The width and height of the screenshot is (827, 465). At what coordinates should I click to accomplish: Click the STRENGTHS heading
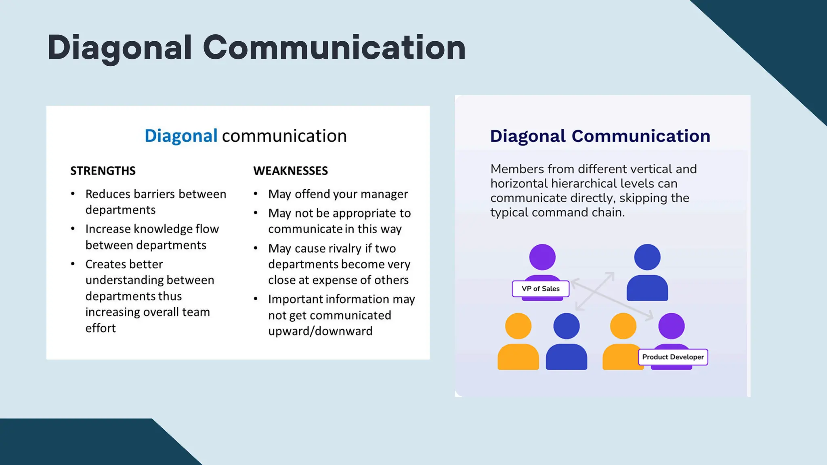[103, 171]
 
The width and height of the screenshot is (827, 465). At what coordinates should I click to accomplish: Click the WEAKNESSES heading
[290, 171]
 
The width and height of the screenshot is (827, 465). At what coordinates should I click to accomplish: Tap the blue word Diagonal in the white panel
[181, 136]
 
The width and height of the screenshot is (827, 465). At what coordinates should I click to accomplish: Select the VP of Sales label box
[540, 289]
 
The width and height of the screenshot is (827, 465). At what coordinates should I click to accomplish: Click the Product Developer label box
[673, 357]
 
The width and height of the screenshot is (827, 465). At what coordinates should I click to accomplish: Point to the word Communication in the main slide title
[334, 48]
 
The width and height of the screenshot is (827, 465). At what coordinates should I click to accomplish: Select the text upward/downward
[320, 331]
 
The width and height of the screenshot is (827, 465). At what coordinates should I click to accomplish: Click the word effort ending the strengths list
[101, 328]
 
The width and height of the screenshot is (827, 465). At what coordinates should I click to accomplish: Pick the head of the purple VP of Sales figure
[542, 257]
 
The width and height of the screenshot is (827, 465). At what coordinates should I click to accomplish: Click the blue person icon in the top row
[647, 272]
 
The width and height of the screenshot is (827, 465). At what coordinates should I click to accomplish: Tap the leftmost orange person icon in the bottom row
[518, 341]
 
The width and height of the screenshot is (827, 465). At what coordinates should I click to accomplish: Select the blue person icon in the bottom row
[566, 341]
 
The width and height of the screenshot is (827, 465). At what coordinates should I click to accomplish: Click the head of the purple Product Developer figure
[671, 326]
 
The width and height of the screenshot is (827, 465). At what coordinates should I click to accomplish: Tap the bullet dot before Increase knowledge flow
[73, 229]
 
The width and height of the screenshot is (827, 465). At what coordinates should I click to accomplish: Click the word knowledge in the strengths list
[163, 229]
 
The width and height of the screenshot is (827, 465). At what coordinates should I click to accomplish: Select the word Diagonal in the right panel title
[528, 136]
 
